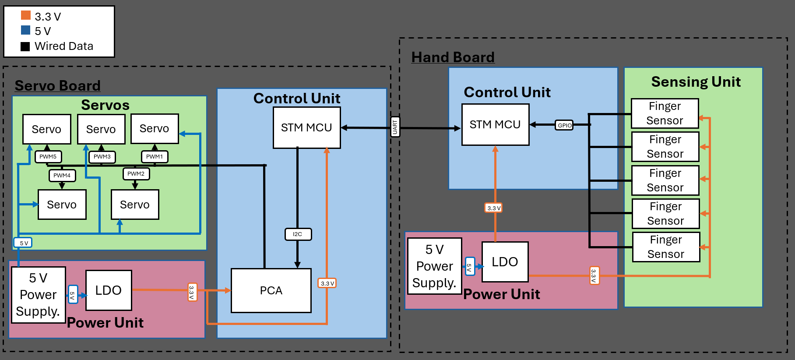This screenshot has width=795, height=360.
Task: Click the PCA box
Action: point(271,290)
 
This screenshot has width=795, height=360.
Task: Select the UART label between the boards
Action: point(395,127)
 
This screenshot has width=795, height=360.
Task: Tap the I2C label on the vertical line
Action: point(298,234)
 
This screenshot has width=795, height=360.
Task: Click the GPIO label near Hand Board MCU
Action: point(564,125)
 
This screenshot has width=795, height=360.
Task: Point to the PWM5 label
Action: point(48,156)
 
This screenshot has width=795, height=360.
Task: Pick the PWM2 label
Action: point(136,173)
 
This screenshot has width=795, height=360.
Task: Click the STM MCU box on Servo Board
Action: point(306,127)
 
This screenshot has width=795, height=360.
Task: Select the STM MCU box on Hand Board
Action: point(495,124)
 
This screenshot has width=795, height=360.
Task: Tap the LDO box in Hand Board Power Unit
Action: point(505,261)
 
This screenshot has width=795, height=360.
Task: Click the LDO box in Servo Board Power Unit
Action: point(109,290)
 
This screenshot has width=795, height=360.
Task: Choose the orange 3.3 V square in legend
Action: point(26,15)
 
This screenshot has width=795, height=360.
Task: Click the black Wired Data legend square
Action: point(25,46)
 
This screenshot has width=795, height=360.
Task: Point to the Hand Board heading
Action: point(453,57)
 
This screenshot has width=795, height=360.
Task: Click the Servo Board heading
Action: point(58,85)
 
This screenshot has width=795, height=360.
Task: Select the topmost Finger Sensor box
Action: point(665,113)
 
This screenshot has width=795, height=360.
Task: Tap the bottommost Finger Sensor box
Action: point(666,247)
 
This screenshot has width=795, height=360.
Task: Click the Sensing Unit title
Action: point(696,81)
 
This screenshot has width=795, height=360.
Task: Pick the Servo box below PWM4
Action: point(62,205)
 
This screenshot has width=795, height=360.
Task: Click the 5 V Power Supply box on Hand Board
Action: point(434,266)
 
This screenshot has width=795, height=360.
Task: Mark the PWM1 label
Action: point(155,156)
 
